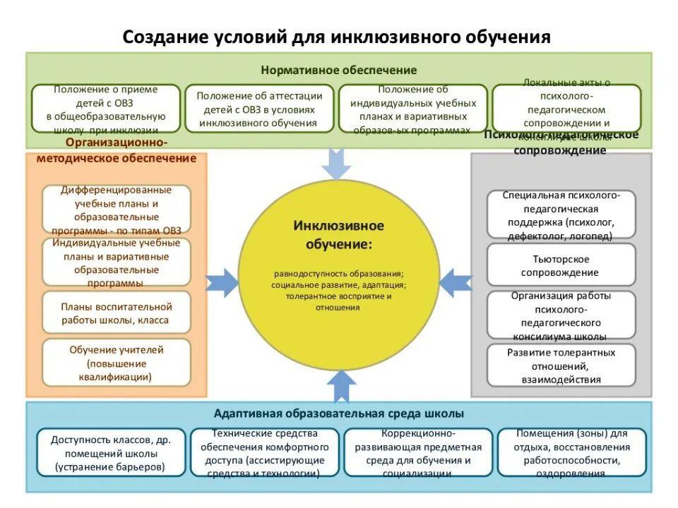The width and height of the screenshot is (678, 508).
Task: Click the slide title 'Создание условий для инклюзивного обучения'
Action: pyautogui.click(x=337, y=37)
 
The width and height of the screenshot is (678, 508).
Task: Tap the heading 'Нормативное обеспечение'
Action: pyautogui.click(x=339, y=70)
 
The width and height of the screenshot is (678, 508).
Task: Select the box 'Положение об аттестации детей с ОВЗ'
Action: pyautogui.click(x=259, y=109)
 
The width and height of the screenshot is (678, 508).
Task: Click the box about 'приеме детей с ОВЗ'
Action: pyautogui.click(x=106, y=109)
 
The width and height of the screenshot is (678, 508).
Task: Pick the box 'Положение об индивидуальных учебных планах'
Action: pyautogui.click(x=413, y=109)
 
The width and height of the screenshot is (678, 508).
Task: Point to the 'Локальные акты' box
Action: pyautogui.click(x=566, y=109)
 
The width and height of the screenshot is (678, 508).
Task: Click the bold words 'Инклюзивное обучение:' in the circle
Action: pyautogui.click(x=339, y=235)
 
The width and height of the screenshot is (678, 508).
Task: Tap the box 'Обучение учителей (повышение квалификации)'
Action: pyautogui.click(x=117, y=363)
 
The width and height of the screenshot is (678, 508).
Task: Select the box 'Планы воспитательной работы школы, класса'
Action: pyautogui.click(x=117, y=313)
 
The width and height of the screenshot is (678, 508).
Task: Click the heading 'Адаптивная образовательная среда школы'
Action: pyautogui.click(x=339, y=414)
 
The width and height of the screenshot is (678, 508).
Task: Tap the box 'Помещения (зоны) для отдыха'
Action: pyautogui.click(x=571, y=452)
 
